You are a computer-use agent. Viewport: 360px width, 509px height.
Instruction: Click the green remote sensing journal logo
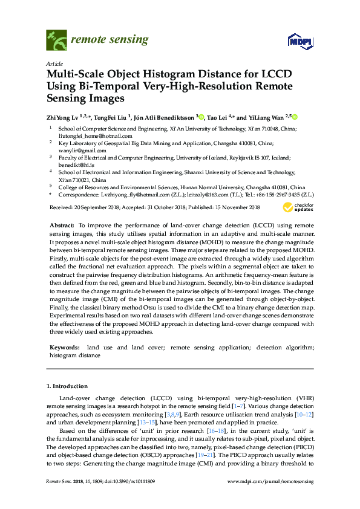[56, 41]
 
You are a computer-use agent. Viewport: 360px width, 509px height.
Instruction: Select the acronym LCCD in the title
[275, 74]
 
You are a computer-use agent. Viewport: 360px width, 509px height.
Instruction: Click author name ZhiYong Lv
[63, 117]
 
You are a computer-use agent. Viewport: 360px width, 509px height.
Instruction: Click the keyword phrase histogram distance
[74, 356]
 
